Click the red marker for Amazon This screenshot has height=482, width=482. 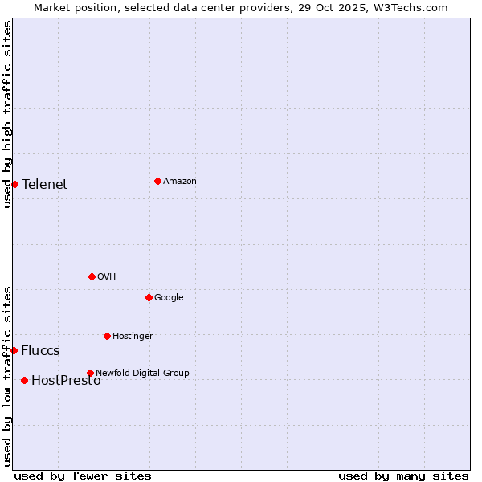(157, 181)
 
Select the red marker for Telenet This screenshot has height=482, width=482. (14, 184)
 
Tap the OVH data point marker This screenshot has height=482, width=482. (92, 276)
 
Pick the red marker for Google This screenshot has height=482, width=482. (149, 297)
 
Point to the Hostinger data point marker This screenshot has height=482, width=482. (107, 336)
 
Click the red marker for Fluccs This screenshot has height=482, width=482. (14, 350)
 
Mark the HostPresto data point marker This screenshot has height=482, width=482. (24, 380)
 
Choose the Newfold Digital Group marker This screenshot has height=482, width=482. (90, 373)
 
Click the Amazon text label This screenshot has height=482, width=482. (180, 181)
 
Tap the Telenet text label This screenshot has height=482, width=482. (45, 184)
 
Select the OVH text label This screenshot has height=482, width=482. (107, 276)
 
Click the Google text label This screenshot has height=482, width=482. (169, 297)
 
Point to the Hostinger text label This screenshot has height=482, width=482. (133, 336)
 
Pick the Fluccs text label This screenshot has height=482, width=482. (40, 350)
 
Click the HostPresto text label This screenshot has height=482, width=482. (66, 380)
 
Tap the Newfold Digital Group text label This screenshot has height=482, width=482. (142, 373)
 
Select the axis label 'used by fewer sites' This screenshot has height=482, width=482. (83, 476)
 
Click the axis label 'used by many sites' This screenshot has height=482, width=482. (403, 476)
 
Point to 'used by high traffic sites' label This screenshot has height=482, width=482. (7, 114)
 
